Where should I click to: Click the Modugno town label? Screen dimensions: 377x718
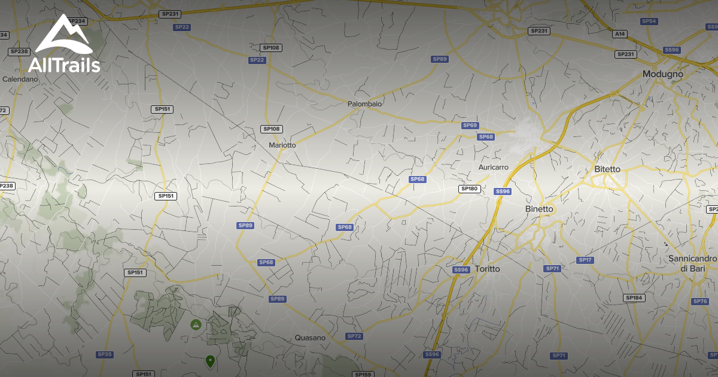coord(662,74)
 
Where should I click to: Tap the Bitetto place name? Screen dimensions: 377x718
coord(607,169)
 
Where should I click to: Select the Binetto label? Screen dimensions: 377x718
coord(539,209)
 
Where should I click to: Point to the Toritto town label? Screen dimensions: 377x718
coord(486,269)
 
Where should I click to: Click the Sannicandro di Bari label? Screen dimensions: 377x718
coord(692,263)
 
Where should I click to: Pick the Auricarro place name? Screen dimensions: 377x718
coord(494,168)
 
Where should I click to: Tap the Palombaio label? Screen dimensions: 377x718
coord(364,104)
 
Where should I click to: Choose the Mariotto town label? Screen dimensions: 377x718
coord(282,145)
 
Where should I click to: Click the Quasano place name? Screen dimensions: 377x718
coord(310,338)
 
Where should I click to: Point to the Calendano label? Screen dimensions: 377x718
coord(20,78)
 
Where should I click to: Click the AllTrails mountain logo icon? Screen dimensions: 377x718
coord(68,35)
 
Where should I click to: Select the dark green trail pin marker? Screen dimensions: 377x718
coord(210,361)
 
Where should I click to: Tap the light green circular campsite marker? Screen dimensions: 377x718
coord(195,324)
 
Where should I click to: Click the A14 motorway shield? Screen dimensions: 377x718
coord(620,34)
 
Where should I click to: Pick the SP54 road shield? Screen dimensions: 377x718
coord(649,21)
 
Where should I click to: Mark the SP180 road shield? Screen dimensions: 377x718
coord(469,188)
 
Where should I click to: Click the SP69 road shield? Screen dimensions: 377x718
coord(470,125)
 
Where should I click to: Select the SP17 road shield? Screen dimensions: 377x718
coord(585,260)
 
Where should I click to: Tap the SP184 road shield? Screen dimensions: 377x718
coord(634,297)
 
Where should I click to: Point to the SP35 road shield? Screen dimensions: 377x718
coord(105,354)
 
